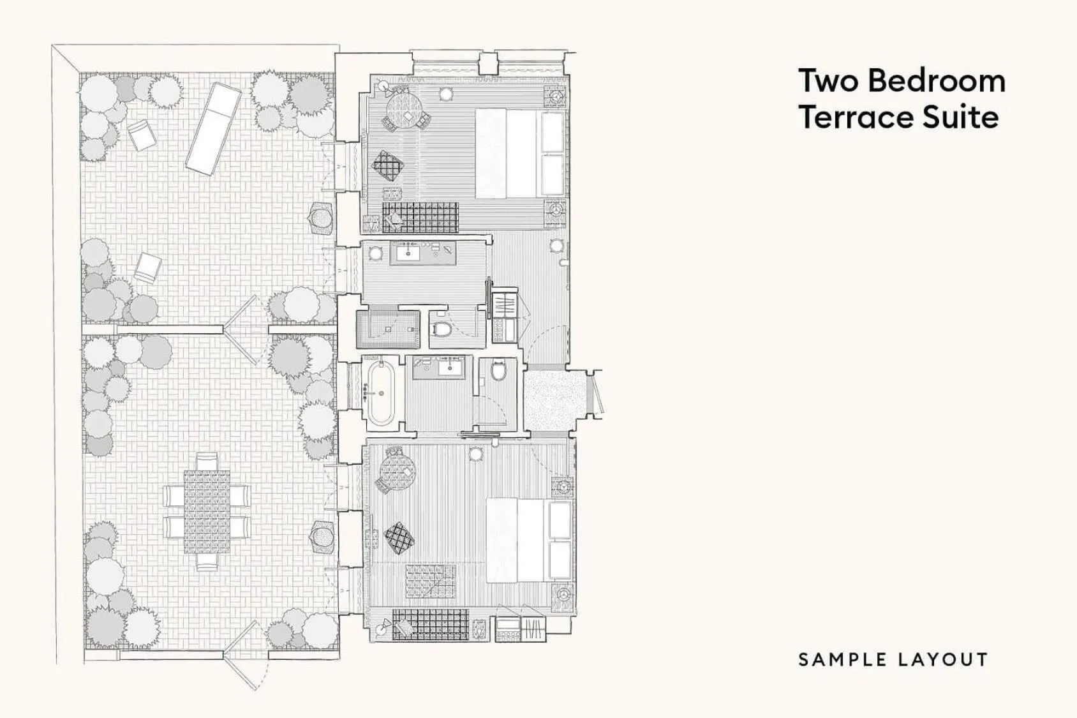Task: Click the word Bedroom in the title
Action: pos(936,81)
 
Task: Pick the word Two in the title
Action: pos(828,81)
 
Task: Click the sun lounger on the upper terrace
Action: pos(213,130)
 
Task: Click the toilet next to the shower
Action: pos(442,329)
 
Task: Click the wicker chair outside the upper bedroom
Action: pos(321,218)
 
